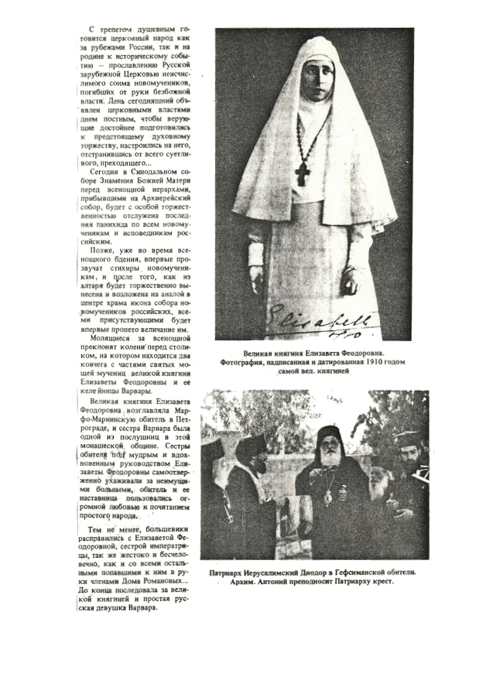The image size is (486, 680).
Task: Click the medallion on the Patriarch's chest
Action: [329, 495]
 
